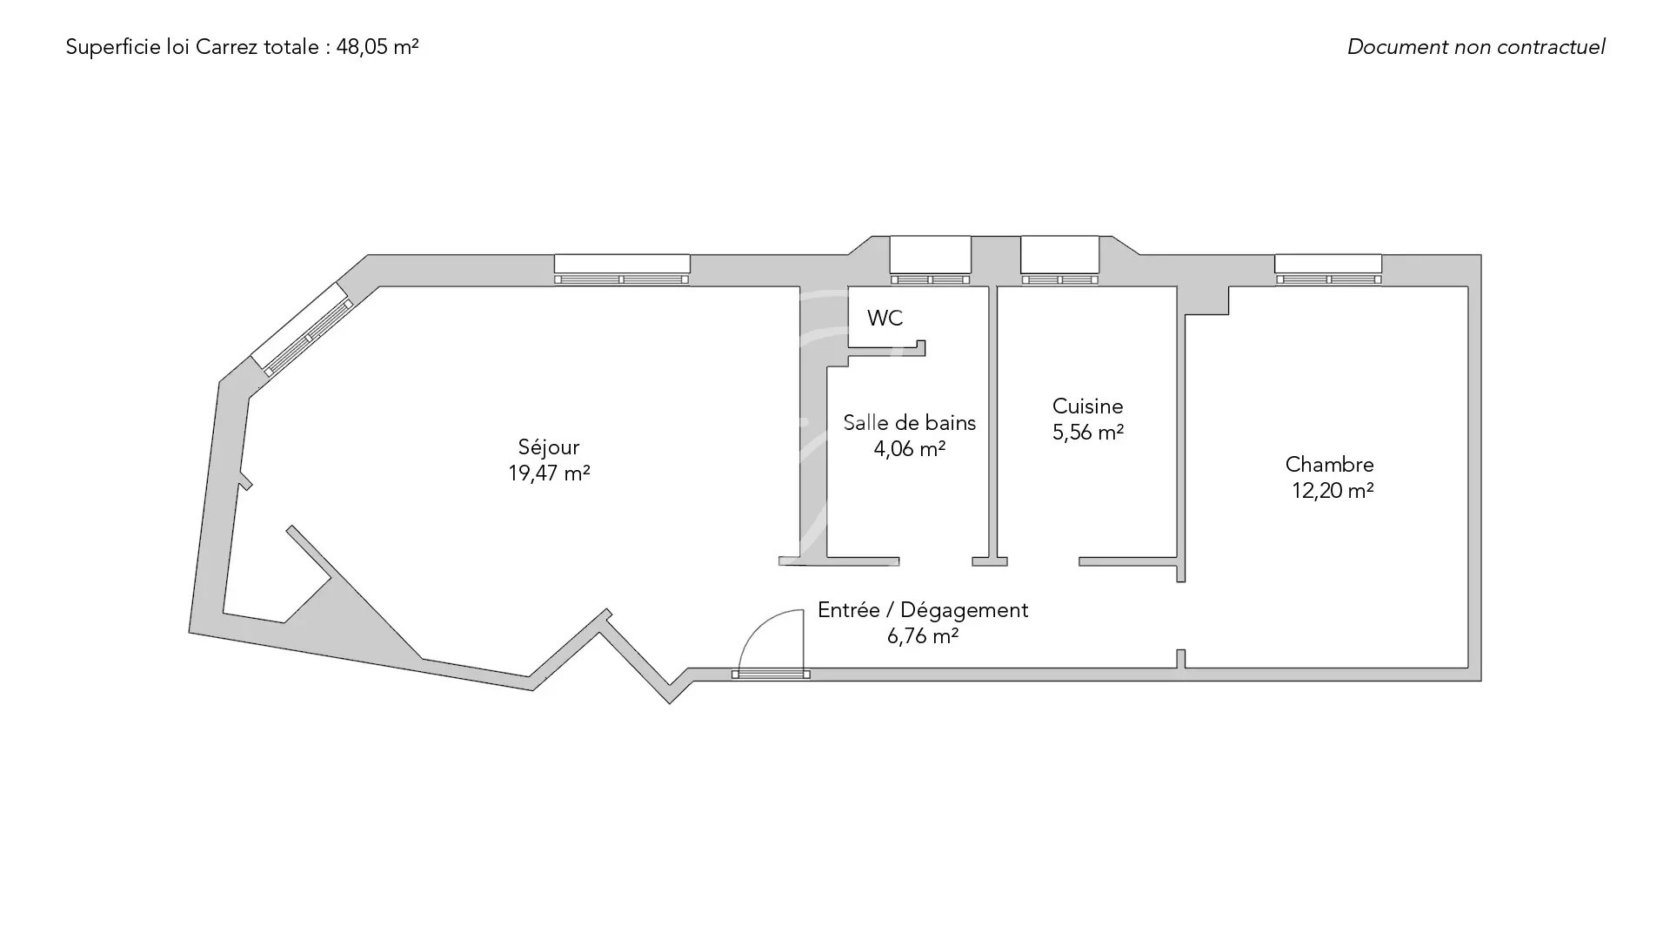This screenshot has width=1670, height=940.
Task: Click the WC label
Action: click(x=885, y=319)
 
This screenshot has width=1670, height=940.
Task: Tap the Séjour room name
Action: click(x=549, y=446)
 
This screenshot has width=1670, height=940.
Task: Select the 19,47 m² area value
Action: click(x=549, y=473)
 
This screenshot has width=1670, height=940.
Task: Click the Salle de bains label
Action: click(x=910, y=423)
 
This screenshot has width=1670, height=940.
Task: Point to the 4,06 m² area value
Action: click(x=910, y=449)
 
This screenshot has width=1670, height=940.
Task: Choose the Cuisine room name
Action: click(x=1087, y=406)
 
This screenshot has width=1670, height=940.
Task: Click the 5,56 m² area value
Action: click(x=1088, y=433)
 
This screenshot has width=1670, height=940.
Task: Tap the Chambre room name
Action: click(x=1329, y=465)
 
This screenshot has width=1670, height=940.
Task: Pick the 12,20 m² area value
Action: click(x=1333, y=491)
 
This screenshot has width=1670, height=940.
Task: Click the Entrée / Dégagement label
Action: click(x=923, y=611)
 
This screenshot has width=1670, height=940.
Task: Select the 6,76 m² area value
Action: click(x=923, y=636)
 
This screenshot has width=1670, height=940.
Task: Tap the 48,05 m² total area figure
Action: click(x=377, y=47)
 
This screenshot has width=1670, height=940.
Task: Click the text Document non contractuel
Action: click(x=1476, y=47)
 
